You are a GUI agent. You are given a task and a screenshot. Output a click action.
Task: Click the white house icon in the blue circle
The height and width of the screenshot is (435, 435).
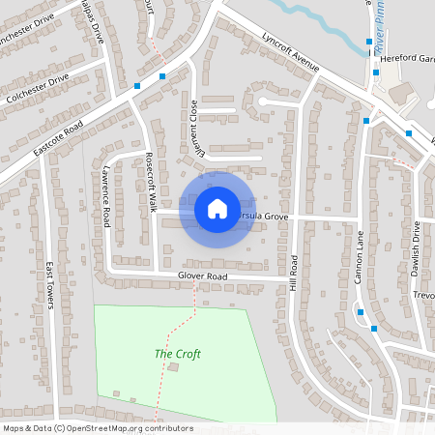(217, 209)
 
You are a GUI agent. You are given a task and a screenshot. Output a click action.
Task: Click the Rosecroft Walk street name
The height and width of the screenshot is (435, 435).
(151, 183)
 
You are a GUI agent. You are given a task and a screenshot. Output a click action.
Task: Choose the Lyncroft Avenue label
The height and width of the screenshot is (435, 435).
(290, 54)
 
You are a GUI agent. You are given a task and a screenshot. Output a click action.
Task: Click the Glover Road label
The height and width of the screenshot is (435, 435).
(202, 276)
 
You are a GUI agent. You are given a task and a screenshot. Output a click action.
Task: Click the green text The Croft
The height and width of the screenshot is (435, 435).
(178, 354)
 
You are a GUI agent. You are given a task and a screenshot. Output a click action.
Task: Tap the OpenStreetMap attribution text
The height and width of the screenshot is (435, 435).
(98, 428)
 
